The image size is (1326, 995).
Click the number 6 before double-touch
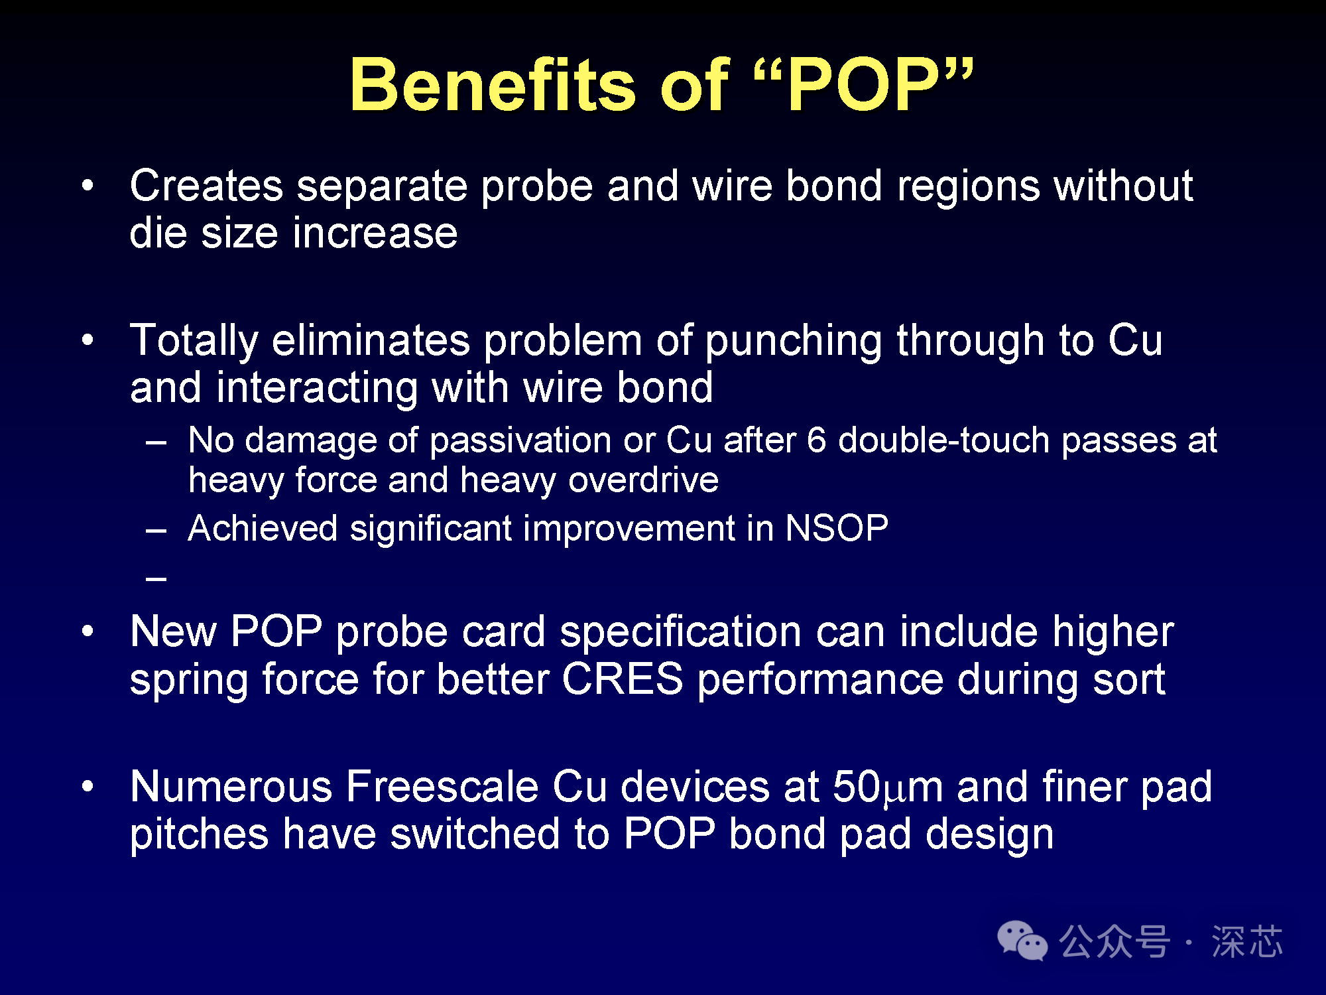(817, 440)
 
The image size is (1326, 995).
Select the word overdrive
(643, 480)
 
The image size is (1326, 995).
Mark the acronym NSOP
(837, 529)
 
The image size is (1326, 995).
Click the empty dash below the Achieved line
(156, 579)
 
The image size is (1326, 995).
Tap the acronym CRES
(623, 680)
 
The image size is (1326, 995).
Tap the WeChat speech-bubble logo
(1022, 941)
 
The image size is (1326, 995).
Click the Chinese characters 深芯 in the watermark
(1247, 942)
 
